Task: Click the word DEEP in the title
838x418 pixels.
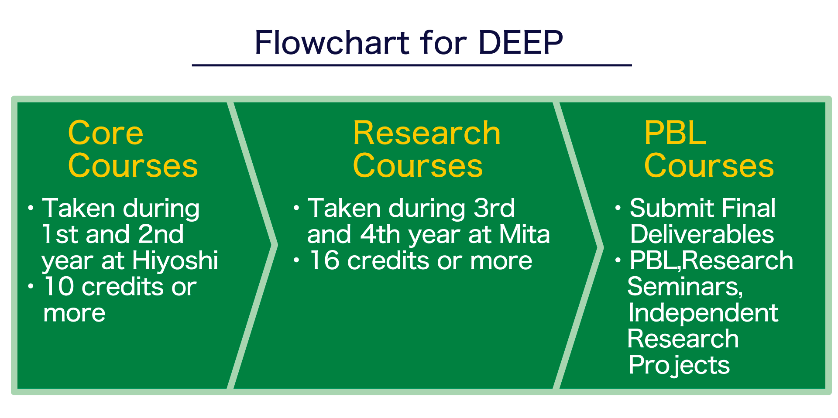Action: pos(520,43)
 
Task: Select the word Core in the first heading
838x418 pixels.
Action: pos(106,133)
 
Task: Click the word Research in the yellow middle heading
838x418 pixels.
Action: pos(426,133)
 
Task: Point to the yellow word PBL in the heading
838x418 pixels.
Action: pos(675,133)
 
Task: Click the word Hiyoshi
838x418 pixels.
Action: pos(175,260)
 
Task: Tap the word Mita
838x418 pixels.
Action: pos(524,234)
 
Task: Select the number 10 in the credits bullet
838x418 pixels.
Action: pos(58,287)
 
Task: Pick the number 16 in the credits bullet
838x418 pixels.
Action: pos(324,260)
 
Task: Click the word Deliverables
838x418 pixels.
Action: pos(702,234)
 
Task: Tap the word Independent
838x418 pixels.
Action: pos(703,313)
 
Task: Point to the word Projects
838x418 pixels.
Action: pos(679,365)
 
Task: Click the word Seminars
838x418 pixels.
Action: pos(684,287)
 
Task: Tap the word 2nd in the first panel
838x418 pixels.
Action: pos(161,234)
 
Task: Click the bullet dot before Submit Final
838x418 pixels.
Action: pos(618,208)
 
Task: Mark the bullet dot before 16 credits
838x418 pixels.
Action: pos(296,260)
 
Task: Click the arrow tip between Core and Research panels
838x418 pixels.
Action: pos(275,246)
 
